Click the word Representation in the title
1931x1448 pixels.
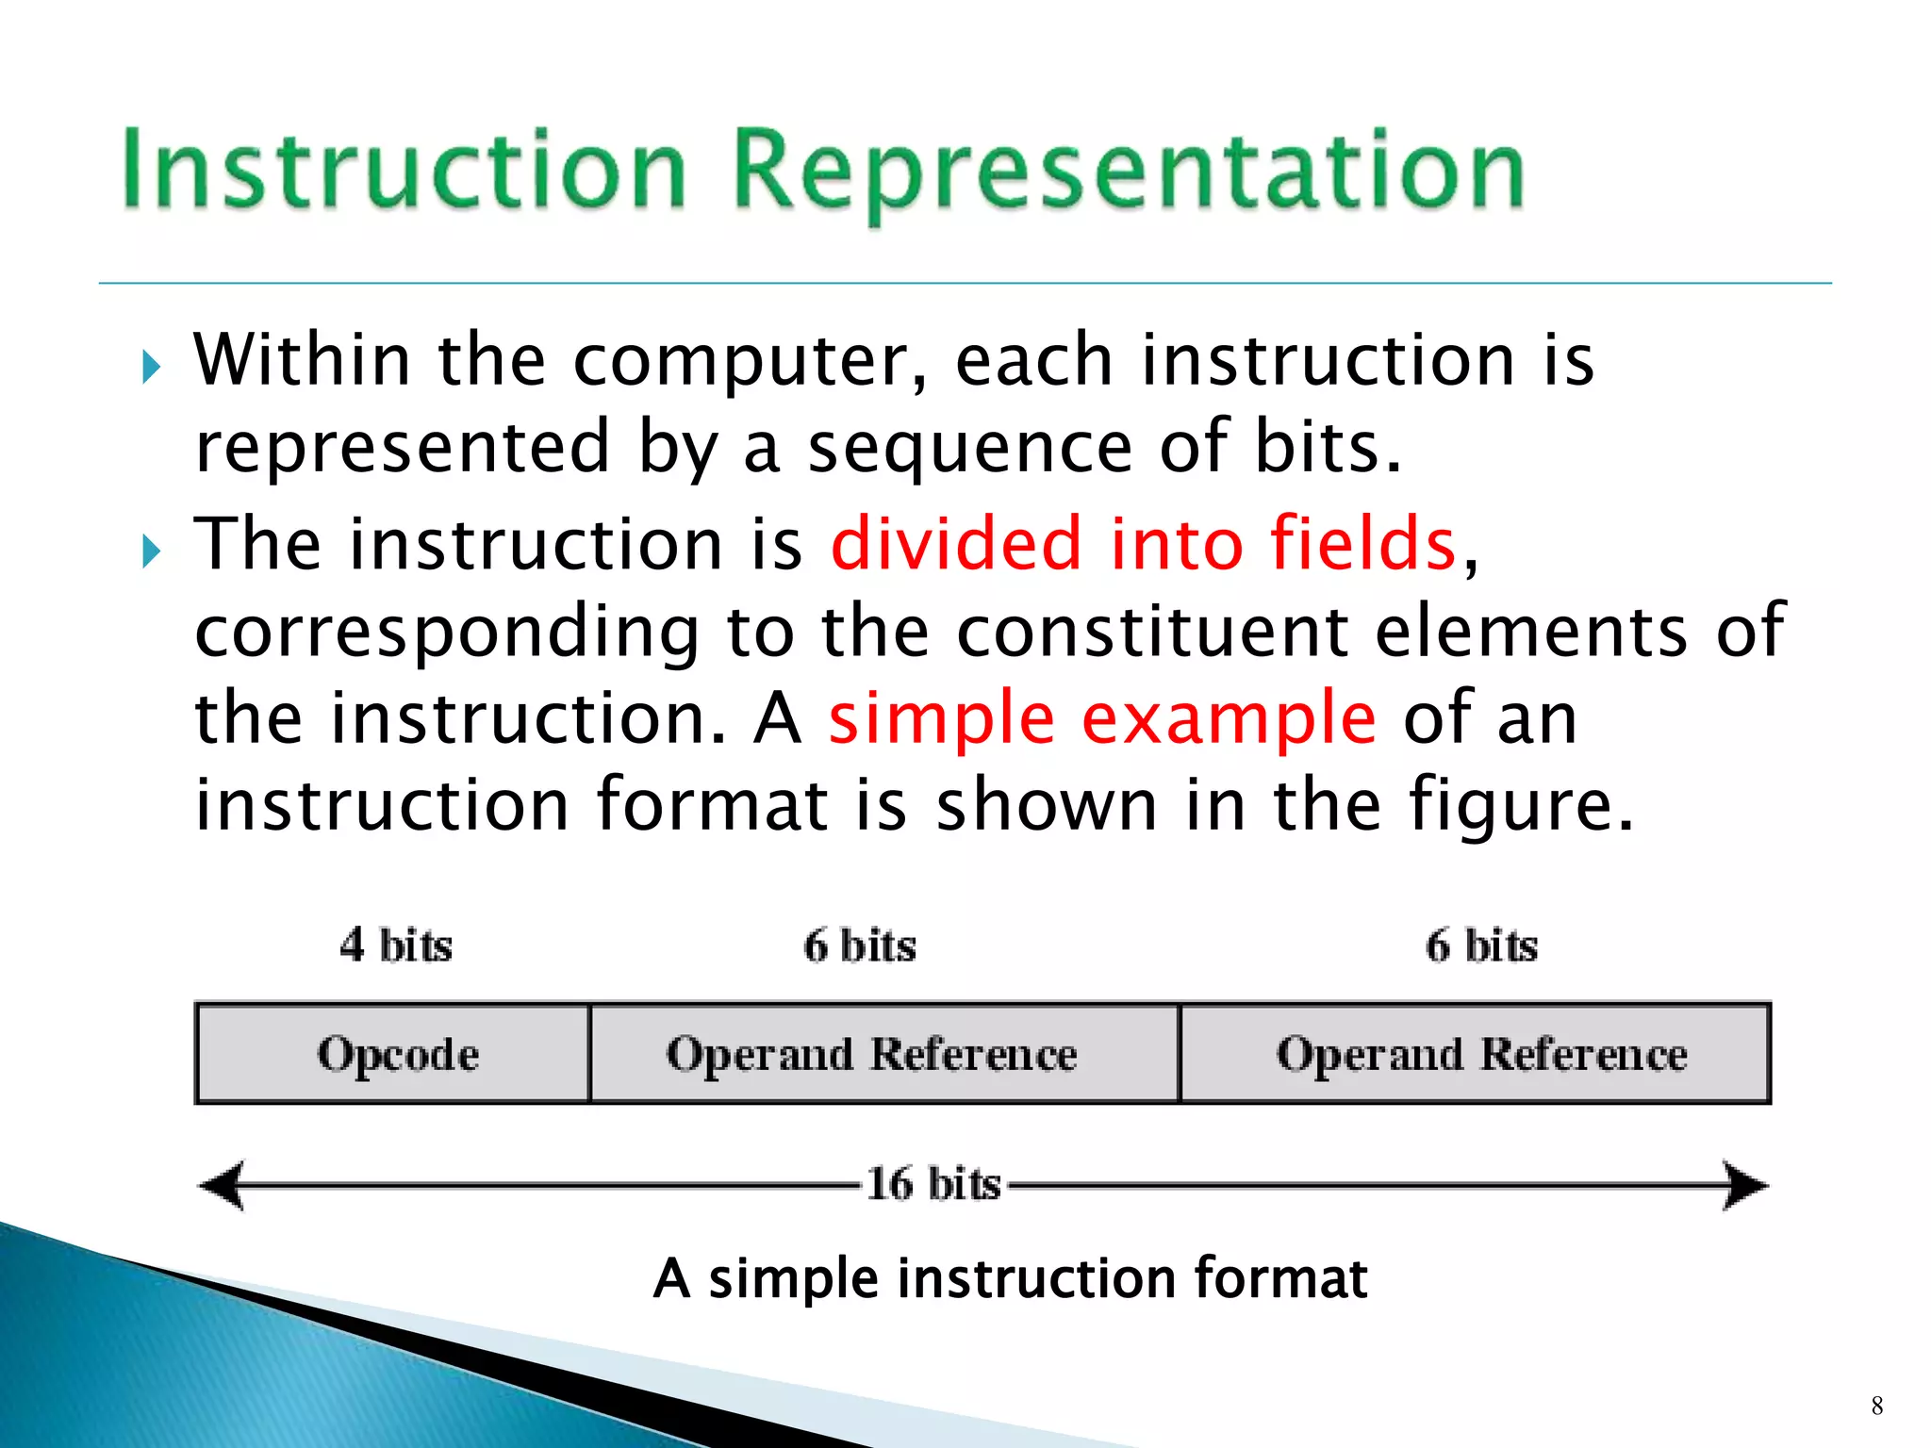[1128, 170]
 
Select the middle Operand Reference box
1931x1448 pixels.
[884, 1054]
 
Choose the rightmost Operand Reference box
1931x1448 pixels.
[1477, 1054]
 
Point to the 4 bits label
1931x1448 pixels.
[396, 945]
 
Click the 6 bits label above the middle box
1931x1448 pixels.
[860, 945]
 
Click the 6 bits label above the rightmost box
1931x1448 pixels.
[1482, 945]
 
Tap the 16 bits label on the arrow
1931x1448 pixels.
[933, 1184]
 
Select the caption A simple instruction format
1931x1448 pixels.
[1010, 1278]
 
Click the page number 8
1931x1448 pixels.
[1877, 1406]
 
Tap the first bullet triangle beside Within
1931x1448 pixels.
[152, 367]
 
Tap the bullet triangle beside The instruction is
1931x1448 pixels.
[152, 551]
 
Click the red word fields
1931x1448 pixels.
[1363, 544]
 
